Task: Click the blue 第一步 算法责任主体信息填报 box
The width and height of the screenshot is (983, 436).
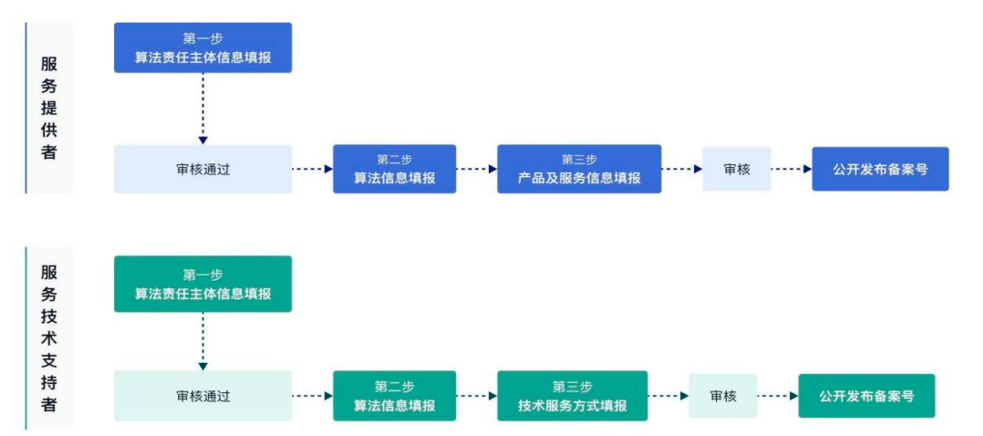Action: tap(202, 48)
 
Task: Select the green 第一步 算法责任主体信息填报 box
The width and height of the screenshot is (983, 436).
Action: tap(202, 284)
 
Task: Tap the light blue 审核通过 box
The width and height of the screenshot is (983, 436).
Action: tap(202, 169)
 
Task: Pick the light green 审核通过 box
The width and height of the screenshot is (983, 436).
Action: tap(202, 396)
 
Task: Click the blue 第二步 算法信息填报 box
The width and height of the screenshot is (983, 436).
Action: tap(394, 169)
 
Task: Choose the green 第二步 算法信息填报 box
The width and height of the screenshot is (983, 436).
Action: tap(394, 396)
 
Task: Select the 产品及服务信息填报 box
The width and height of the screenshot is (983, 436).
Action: tap(578, 169)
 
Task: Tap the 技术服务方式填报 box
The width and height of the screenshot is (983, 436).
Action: tap(572, 396)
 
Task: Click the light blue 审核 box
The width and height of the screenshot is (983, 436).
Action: tap(736, 169)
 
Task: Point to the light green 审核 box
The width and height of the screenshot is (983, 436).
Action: tap(722, 396)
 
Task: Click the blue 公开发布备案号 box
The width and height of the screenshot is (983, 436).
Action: tap(880, 169)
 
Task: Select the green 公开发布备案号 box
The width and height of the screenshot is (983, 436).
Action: tap(866, 396)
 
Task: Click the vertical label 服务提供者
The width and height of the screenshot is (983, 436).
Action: tap(49, 109)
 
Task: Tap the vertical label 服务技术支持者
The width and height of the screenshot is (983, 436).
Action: tap(49, 337)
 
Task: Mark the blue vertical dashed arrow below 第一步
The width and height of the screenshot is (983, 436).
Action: tap(202, 108)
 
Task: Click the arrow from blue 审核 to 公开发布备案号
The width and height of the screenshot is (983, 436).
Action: tap(791, 169)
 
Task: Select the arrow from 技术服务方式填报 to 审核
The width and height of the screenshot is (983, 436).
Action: tap(667, 396)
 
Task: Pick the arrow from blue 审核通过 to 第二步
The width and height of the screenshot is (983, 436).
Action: tap(312, 169)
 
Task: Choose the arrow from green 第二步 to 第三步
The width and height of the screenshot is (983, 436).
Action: tap(476, 396)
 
